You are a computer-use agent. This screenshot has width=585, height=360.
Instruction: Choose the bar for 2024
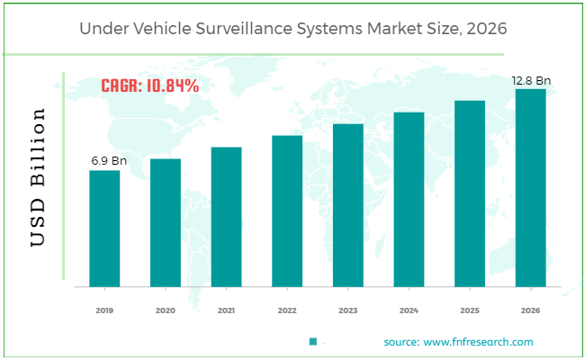[x=409, y=199]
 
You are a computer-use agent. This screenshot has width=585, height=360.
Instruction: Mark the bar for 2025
[x=470, y=193]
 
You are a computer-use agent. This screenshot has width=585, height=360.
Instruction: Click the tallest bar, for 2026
[x=530, y=187]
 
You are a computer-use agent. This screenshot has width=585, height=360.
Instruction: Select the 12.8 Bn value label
[x=531, y=80]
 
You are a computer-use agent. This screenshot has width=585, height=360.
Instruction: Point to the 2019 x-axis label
[x=104, y=310]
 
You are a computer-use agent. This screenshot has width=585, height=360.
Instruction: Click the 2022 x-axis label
[x=287, y=310]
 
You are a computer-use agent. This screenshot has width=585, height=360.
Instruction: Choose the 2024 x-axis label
[x=409, y=310]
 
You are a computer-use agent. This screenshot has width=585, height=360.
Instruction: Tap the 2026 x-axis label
[x=530, y=310]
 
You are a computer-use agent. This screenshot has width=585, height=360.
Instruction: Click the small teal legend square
[x=313, y=342]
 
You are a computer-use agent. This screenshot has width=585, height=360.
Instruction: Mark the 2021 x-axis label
[x=226, y=310]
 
